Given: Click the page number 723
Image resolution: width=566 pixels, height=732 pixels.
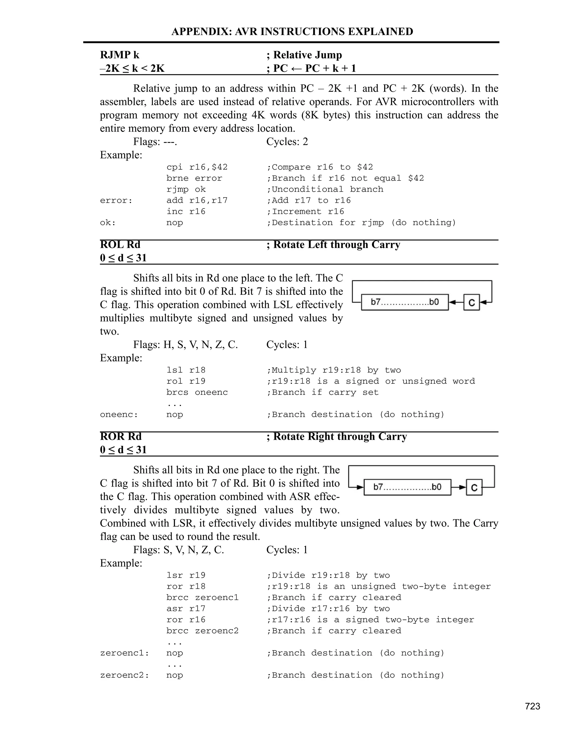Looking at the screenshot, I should tap(533, 707).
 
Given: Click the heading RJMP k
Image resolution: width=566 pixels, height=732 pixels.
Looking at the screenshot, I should tap(120, 55).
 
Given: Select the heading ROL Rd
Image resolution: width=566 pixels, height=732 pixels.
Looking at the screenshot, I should tap(120, 245).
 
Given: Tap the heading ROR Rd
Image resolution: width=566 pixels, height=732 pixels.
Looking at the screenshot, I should tap(121, 436).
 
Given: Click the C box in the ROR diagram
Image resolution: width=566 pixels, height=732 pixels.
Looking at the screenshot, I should tap(474, 487).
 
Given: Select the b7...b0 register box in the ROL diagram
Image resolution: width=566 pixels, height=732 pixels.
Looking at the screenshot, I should tap(405, 302).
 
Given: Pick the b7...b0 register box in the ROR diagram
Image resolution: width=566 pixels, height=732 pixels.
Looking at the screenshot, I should tap(407, 487).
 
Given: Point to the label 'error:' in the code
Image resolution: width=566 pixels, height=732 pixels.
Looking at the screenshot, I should tap(116, 201).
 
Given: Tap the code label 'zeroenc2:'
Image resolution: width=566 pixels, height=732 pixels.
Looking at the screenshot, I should tap(124, 675).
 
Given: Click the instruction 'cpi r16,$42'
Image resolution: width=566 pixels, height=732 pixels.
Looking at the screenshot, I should tap(197, 167).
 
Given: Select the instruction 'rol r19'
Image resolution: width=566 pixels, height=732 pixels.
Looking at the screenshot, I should tap(186, 381).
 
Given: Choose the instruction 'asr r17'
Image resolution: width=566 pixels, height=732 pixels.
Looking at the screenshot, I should tap(186, 609).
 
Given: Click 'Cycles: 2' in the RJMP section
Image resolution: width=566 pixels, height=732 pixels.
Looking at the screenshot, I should tap(287, 142).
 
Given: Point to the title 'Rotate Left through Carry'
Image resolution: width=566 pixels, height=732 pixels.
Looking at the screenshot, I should tap(336, 245).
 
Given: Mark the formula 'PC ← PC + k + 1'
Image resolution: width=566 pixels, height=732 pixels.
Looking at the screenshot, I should tap(315, 69).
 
